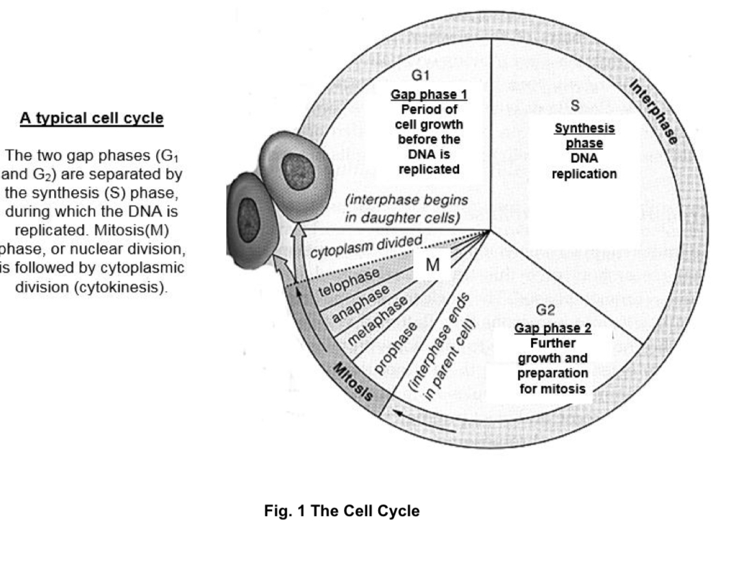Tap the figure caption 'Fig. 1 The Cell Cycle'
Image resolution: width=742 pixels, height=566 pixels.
pos(342,512)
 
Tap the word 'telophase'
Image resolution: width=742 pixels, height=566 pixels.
pos(349,282)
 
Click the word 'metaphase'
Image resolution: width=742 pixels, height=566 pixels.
pos(378,320)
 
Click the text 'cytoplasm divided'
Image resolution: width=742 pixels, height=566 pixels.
pos(363,246)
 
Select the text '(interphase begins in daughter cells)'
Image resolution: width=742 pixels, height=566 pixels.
pos(407,209)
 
